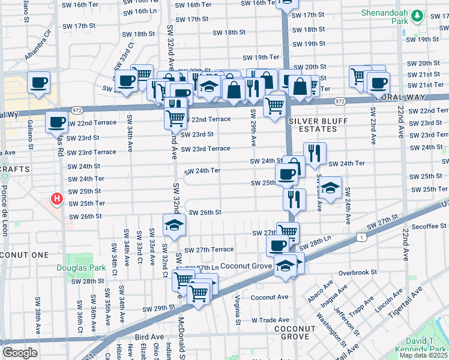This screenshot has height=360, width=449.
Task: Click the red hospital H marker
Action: pyautogui.click(x=56, y=198)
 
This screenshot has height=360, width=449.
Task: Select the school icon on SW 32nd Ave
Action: pyautogui.click(x=174, y=225)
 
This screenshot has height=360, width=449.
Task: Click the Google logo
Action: pyautogui.click(x=20, y=353)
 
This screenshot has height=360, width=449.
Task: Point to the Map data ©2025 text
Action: pyautogui.click(x=423, y=355)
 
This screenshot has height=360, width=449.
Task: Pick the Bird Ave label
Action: pyautogui.click(x=149, y=338)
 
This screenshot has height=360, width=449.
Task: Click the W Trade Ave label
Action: pyautogui.click(x=270, y=320)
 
